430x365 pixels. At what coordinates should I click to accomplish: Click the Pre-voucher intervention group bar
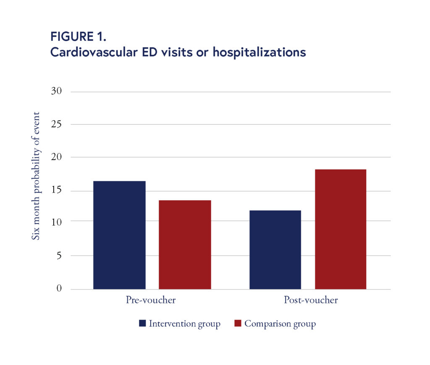point(119,235)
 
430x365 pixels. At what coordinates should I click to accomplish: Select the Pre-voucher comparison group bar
point(185,245)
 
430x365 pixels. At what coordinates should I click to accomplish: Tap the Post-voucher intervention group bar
point(275,250)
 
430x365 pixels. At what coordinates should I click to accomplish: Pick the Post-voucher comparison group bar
point(341,229)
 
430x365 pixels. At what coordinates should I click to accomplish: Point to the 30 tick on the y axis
point(56,91)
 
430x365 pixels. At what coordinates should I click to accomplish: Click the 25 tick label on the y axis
point(56,124)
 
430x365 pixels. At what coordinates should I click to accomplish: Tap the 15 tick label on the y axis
point(56,191)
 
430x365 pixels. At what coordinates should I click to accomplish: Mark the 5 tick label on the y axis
point(59,255)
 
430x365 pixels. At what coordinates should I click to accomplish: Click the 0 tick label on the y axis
point(59,289)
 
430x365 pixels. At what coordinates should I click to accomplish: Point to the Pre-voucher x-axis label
point(151,300)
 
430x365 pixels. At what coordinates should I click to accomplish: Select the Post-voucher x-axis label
point(311,300)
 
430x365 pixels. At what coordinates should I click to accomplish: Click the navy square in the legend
point(142,323)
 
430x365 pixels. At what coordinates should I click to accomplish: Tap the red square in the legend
point(238,323)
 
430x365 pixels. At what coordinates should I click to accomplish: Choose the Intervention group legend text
point(185,324)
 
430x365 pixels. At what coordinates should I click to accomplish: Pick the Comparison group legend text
point(280,324)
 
